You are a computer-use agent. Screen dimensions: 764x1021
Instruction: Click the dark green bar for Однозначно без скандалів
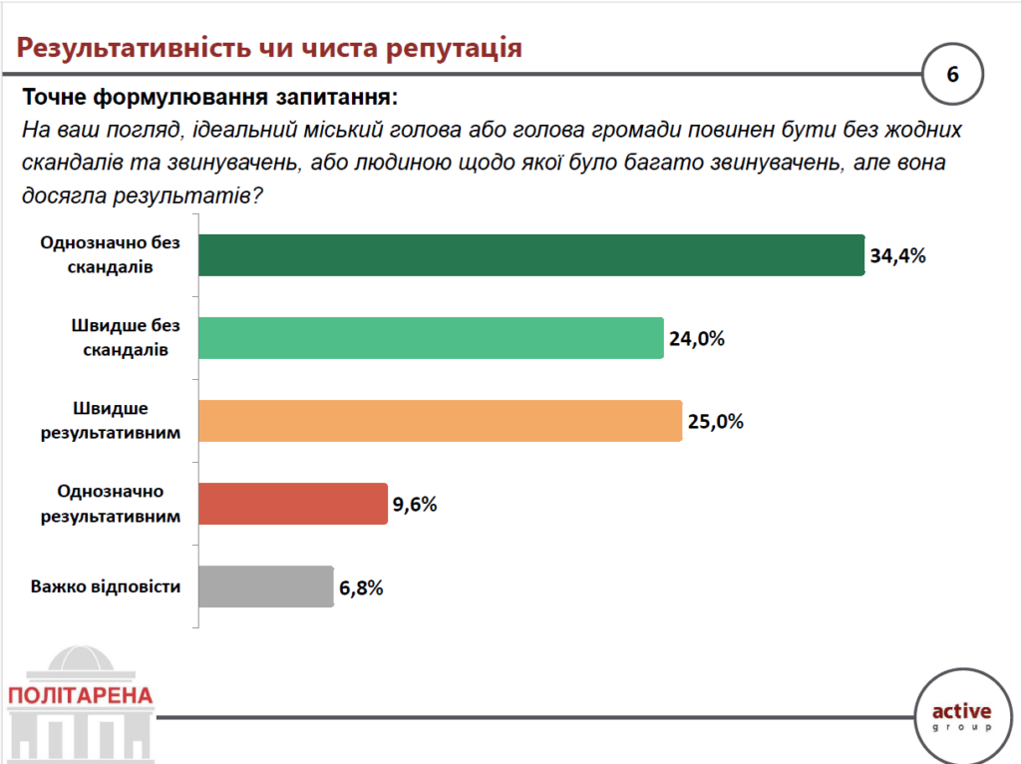530,255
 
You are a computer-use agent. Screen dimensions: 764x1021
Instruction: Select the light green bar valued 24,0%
431,338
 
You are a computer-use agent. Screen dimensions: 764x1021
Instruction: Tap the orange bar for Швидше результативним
440,421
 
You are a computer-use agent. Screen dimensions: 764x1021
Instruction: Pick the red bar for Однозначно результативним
292,504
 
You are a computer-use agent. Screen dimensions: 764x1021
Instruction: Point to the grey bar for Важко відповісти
265,586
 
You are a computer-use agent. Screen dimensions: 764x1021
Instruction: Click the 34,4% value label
898,255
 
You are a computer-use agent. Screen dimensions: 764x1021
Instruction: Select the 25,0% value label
715,421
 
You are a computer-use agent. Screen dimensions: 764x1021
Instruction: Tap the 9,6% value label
415,504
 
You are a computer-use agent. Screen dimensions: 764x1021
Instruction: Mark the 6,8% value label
361,587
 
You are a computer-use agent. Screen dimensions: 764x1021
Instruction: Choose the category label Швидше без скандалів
111,338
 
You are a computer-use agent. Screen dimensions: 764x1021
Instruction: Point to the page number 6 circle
951,75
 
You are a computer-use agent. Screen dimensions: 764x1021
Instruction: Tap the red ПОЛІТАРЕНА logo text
80,695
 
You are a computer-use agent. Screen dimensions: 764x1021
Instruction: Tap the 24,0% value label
696,338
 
